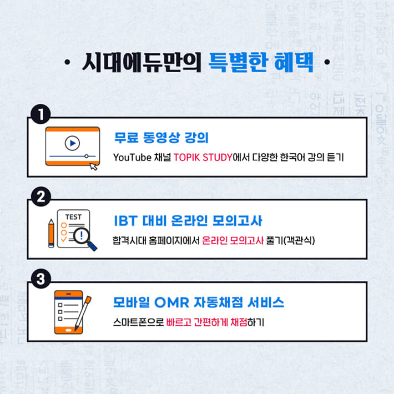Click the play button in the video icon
coord(72,143)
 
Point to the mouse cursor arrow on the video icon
coord(93,165)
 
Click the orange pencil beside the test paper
coord(51,233)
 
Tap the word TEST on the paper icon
coord(73,216)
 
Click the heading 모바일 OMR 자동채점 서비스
coord(199,302)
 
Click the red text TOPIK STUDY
coord(205,157)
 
